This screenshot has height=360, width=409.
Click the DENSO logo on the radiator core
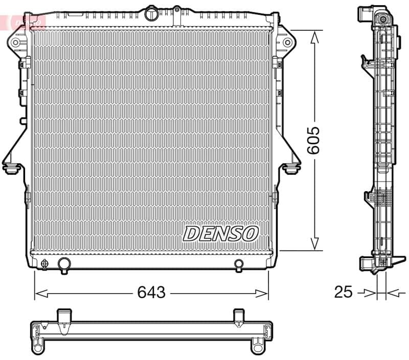221,233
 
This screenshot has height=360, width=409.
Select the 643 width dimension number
151,292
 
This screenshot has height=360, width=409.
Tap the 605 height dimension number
313,140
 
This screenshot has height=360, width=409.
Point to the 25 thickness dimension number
343,292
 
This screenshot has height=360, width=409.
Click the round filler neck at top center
152,12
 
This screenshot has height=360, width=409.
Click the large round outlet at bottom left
64,264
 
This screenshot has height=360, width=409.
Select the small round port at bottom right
239,264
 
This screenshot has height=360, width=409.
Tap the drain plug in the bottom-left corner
44,264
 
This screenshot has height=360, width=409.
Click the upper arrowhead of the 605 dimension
315,36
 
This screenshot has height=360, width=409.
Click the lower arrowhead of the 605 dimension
315,244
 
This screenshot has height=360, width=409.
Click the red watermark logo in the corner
22,21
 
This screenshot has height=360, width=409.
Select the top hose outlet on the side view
365,12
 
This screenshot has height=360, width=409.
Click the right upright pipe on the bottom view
238,317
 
